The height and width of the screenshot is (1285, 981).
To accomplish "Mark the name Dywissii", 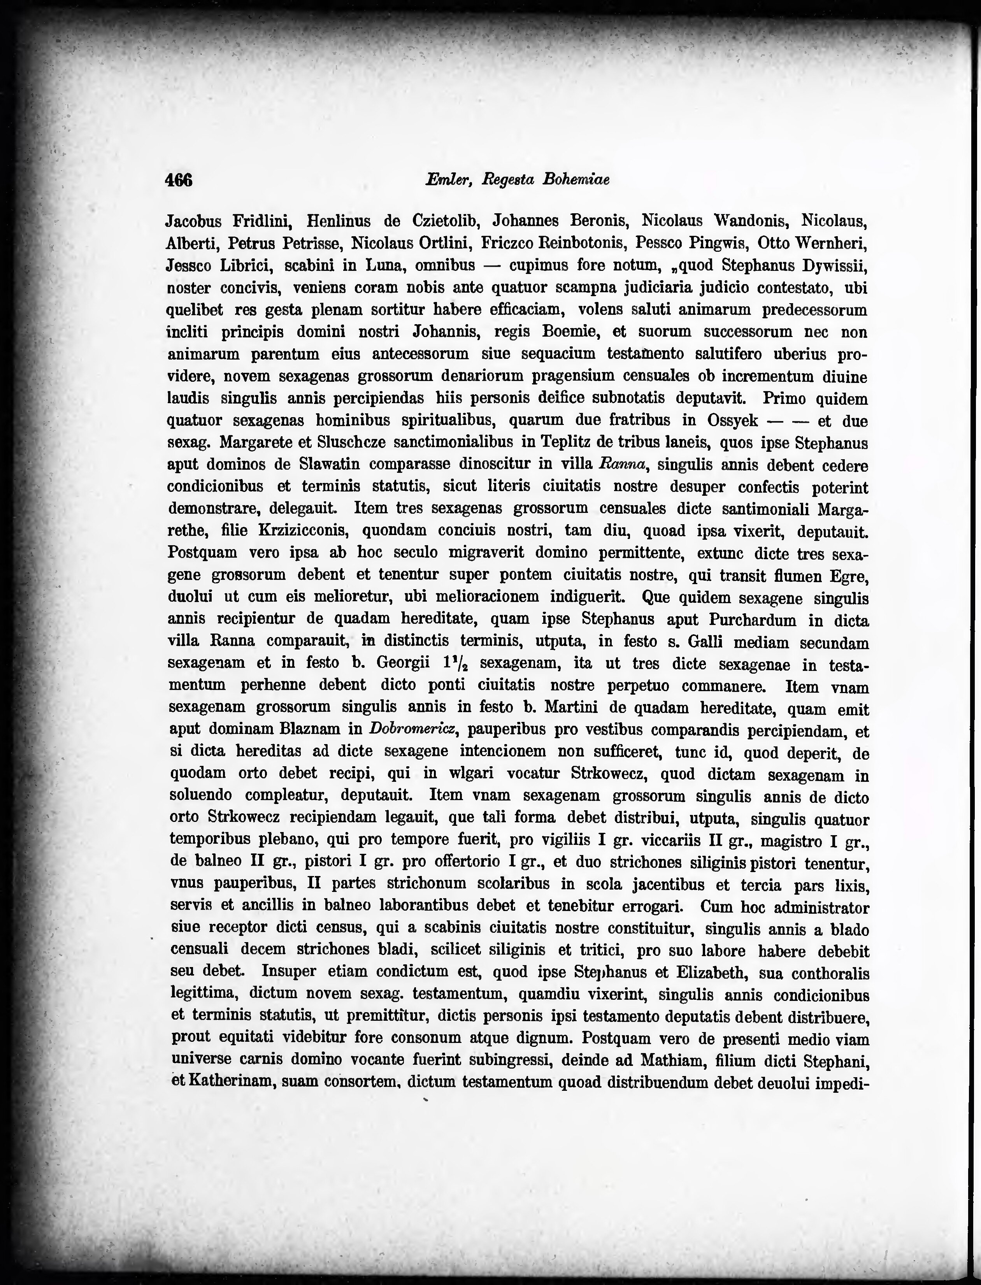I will (835, 266).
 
